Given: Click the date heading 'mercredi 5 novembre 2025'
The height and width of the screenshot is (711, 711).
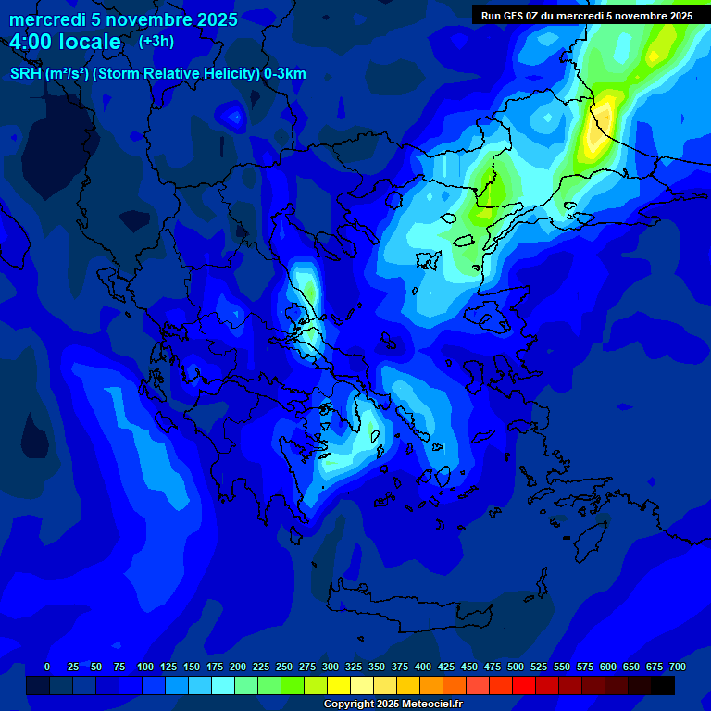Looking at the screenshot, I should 123,19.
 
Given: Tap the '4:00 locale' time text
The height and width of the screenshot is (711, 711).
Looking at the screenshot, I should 66,42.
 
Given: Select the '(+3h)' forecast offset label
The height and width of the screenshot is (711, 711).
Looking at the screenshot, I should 156,41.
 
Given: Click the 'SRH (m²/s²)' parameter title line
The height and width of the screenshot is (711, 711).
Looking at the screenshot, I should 157,74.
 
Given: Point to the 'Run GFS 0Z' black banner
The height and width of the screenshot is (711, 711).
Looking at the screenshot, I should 586,16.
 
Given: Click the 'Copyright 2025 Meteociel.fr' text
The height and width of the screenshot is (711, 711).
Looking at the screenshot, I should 393,704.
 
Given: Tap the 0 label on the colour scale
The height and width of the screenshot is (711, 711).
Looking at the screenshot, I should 47,667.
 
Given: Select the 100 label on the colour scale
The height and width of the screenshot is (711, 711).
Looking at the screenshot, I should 145,667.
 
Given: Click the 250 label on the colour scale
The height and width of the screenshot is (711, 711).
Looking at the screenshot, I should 284,667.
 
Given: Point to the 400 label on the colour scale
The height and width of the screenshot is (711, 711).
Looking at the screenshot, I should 423,667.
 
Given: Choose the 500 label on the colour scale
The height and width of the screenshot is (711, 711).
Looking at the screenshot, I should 516,667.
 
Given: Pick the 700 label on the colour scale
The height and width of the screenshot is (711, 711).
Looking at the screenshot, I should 677,667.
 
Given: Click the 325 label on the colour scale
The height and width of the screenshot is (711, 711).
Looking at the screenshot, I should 354,667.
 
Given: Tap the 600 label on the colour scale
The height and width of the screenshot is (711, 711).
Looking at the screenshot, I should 608,667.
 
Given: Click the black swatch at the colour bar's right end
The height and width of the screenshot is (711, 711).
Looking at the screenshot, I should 663,685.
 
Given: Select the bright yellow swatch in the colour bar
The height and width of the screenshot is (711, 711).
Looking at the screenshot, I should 339,685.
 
